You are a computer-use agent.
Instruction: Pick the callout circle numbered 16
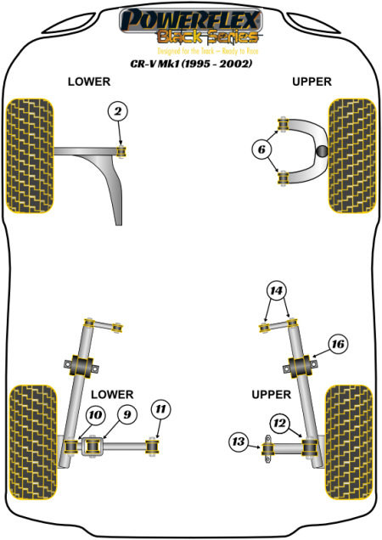pos(337,344)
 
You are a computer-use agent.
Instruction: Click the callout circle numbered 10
pos(95,414)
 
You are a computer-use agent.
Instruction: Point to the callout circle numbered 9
pos(126,414)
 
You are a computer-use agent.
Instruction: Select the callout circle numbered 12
pos(278,422)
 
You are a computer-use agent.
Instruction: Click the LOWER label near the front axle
pos(89,82)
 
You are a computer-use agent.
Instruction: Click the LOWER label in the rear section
pos(111,394)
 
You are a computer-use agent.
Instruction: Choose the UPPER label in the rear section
pos(271,394)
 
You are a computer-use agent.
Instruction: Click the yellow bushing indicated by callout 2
pos(121,152)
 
